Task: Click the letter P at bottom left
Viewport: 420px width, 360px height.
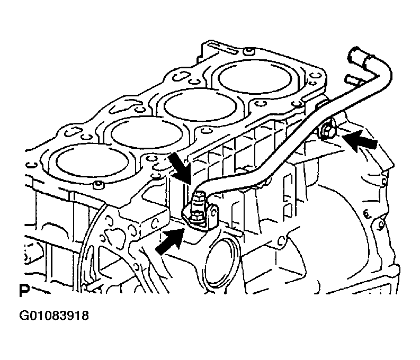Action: pyautogui.click(x=24, y=291)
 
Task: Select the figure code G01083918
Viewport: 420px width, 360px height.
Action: pyautogui.click(x=54, y=316)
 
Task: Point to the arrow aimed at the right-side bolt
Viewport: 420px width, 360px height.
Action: pyautogui.click(x=360, y=140)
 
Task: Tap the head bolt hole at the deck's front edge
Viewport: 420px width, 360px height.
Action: pyautogui.click(x=99, y=184)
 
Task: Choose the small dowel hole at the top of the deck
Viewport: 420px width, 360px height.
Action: pyautogui.click(x=249, y=50)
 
